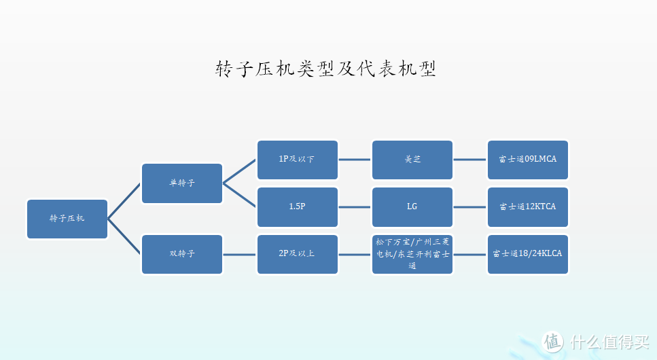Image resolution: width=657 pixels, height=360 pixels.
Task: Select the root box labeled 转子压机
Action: point(67,219)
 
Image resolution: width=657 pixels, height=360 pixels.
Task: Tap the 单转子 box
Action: point(182,183)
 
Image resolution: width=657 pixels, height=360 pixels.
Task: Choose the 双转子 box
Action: point(182,254)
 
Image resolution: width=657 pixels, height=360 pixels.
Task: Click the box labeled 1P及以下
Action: point(297,160)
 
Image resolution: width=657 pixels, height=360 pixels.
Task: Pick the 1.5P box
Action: point(297,206)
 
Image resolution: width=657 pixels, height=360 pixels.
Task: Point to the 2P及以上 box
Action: point(297,254)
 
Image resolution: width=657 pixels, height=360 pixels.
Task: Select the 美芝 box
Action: point(412,160)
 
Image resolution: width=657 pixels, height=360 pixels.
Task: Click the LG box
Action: point(412,206)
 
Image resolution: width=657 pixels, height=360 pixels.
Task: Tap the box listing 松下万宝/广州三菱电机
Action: point(412,254)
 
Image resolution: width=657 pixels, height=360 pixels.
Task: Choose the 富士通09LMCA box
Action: point(528,160)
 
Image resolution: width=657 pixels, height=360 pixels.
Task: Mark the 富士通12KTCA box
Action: point(528,206)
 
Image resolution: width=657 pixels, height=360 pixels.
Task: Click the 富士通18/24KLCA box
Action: point(528,254)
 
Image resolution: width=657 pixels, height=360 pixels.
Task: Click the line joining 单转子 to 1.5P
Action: point(240,195)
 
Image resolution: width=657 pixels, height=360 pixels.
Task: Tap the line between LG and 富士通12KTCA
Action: point(470,207)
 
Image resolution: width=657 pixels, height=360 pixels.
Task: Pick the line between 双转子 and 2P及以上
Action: point(240,255)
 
